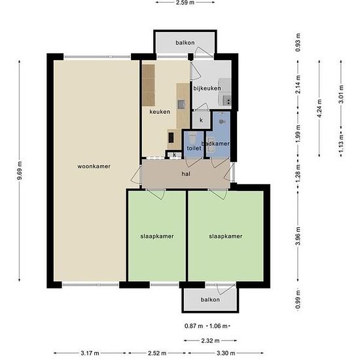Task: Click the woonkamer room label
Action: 94,166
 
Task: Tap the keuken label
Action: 160,112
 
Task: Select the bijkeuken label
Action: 207,88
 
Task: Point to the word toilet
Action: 194,149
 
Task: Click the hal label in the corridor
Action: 186,174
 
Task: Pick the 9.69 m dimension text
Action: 20,171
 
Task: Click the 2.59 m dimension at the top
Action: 185,3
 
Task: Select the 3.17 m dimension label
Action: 90,353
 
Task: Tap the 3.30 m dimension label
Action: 226,353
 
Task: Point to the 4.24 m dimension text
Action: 319,109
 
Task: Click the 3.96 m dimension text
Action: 298,236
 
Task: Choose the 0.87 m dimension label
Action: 194,326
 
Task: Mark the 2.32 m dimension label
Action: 210,341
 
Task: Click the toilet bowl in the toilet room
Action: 192,138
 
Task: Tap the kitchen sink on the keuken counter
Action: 181,105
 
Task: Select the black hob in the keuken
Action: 171,137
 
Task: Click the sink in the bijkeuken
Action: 227,100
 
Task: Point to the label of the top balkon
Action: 185,43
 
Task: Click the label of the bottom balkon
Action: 210,300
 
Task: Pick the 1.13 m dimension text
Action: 341,143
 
